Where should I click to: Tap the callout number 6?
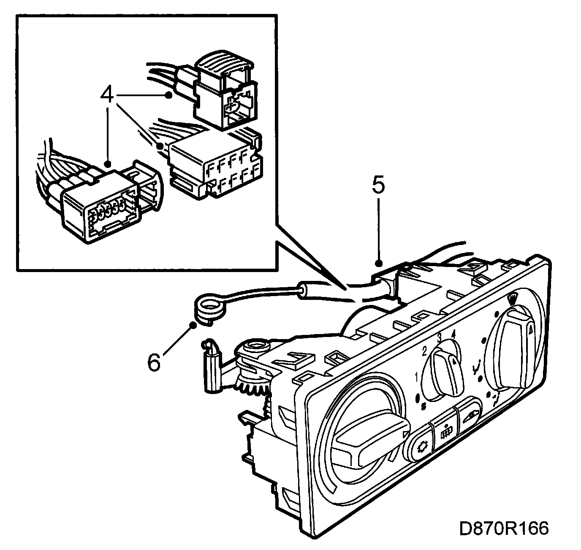[154, 362]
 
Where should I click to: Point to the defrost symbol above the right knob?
[513, 300]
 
